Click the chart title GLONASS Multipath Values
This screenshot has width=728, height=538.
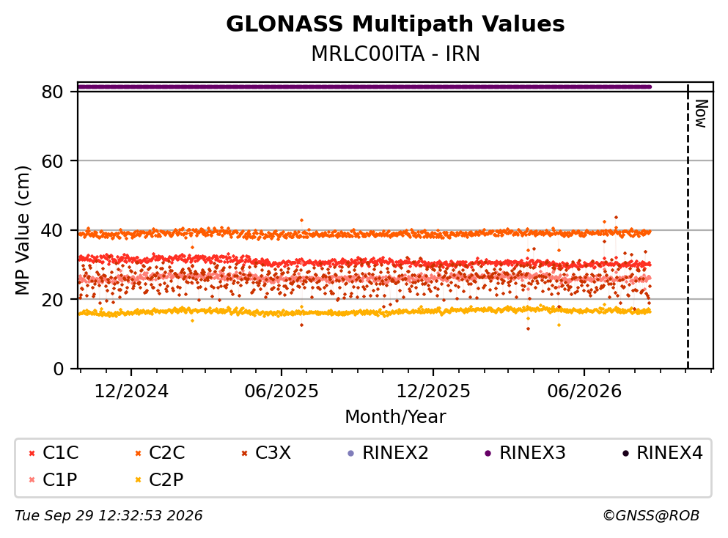click(x=395, y=24)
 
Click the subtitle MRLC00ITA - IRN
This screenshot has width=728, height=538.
click(x=395, y=54)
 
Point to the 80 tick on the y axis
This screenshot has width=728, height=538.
click(x=53, y=92)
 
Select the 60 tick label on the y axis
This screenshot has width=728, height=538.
click(x=53, y=161)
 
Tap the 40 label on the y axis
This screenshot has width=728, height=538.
click(x=53, y=230)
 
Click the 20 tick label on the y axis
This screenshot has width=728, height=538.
click(x=53, y=299)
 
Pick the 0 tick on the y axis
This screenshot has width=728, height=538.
click(x=59, y=369)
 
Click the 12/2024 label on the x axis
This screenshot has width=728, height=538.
click(x=131, y=391)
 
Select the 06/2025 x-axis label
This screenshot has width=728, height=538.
click(x=282, y=391)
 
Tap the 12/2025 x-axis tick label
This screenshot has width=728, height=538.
click(x=433, y=391)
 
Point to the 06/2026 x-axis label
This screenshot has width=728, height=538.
click(x=584, y=391)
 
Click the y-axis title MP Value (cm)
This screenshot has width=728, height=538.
click(x=23, y=231)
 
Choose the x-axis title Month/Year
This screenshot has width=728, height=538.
click(x=395, y=417)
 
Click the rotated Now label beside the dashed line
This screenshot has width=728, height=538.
click(x=701, y=114)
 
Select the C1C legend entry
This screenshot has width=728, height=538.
click(x=54, y=452)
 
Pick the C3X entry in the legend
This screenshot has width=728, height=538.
click(x=266, y=452)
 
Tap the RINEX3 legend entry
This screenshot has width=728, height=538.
click(x=525, y=452)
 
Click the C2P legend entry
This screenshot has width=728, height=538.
click(x=159, y=479)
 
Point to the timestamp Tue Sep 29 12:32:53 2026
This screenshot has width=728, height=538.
click(x=109, y=516)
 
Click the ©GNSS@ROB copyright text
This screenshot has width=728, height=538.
click(x=651, y=516)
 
